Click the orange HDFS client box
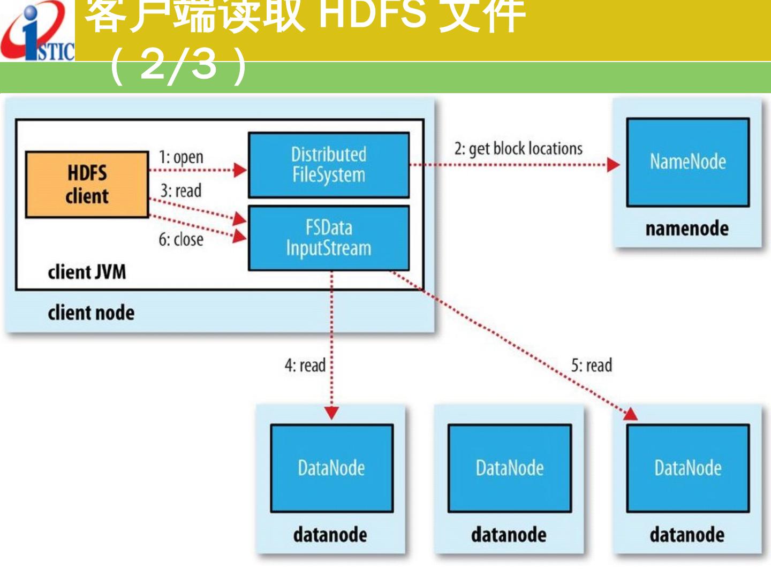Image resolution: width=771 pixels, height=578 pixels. tap(87, 185)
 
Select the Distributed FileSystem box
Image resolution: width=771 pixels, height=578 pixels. tap(329, 165)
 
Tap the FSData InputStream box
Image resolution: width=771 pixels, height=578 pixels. tap(329, 238)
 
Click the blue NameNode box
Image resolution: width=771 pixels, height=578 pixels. tap(687, 162)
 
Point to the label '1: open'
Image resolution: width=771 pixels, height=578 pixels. tap(181, 157)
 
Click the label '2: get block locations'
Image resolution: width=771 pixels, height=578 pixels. tap(518, 149)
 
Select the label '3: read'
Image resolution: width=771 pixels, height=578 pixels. tap(181, 191)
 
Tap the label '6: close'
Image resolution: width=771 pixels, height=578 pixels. tap(181, 239)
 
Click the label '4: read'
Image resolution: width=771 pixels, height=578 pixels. tap(305, 366)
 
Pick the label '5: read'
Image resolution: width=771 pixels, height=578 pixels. tap(591, 366)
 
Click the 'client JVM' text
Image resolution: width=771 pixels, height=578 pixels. tap(87, 272)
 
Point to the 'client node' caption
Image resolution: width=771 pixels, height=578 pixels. tap(91, 313)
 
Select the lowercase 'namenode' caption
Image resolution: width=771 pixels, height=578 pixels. tap(687, 229)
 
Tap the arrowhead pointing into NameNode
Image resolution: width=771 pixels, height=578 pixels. tap(614, 164)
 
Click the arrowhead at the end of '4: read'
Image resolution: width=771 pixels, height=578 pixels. tap(332, 413)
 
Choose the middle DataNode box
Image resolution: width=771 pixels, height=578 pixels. tap(510, 468)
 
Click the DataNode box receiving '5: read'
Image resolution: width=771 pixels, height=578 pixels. tap(687, 468)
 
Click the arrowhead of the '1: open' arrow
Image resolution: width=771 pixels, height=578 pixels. tap(240, 170)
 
